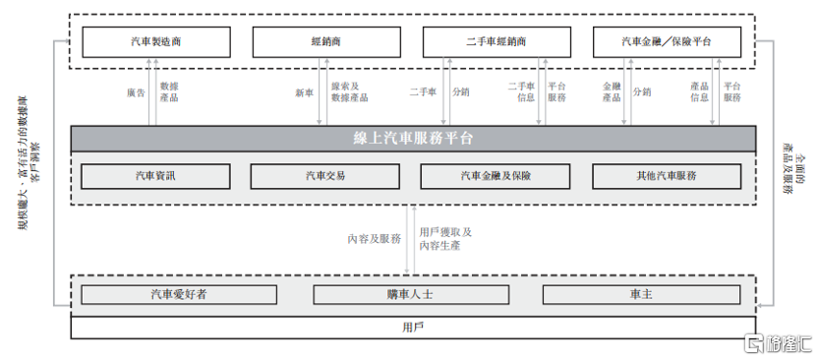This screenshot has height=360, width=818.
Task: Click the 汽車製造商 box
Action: pos(153,42)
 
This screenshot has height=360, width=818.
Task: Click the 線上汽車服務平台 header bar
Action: pos(413,138)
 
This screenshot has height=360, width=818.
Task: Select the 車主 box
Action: pos(641,294)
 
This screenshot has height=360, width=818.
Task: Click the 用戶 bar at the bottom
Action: pos(413,327)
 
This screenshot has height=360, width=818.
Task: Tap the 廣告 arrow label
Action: pos(136,93)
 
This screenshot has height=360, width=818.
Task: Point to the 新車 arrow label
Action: pos(304,93)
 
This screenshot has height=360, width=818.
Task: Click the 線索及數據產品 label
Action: pos(349,91)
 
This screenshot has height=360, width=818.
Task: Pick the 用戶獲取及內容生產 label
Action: pos(445,238)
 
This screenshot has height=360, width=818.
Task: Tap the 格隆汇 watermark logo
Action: pos(777,343)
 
